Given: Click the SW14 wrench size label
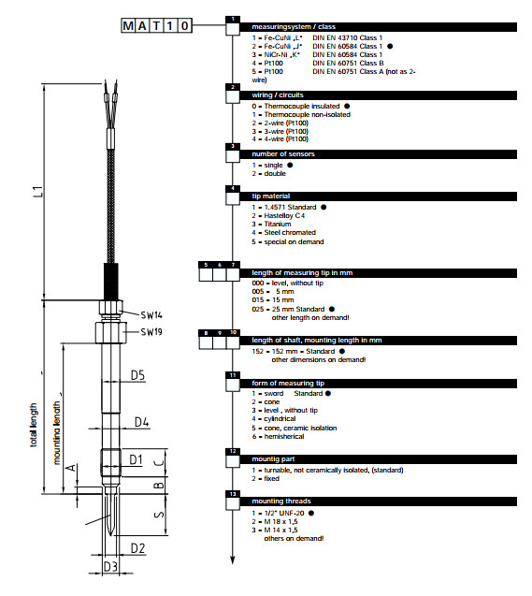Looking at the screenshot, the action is point(151,315).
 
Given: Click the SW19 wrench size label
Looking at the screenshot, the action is point(151,332).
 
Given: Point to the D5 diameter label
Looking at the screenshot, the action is point(137,375).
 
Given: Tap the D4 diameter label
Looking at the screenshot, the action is point(141,422).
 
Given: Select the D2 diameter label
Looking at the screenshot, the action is point(137,548).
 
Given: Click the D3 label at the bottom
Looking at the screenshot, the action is point(110,567).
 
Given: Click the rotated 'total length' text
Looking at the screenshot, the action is point(34,425).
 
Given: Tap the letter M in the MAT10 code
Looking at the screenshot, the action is point(128,26).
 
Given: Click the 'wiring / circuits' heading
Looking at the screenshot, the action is point(278,95).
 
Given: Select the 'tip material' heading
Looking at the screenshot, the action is point(271,196).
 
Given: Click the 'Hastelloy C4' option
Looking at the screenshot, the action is point(284,215).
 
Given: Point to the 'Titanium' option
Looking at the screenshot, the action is point(278,225).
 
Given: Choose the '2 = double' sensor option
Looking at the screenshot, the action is point(269,173).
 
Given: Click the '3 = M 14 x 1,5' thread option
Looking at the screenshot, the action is point(275,531).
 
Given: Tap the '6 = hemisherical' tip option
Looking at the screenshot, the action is point(278,437).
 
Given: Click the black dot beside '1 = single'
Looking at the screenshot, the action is point(290,166).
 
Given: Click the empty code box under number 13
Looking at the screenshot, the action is point(233,503).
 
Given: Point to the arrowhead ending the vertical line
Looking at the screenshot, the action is point(233,560).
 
